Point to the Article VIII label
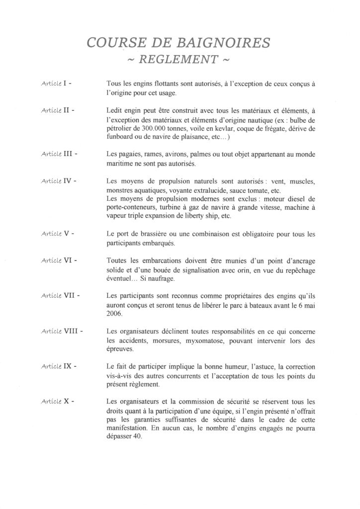tap(61, 330)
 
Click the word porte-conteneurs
tap(131, 209)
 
